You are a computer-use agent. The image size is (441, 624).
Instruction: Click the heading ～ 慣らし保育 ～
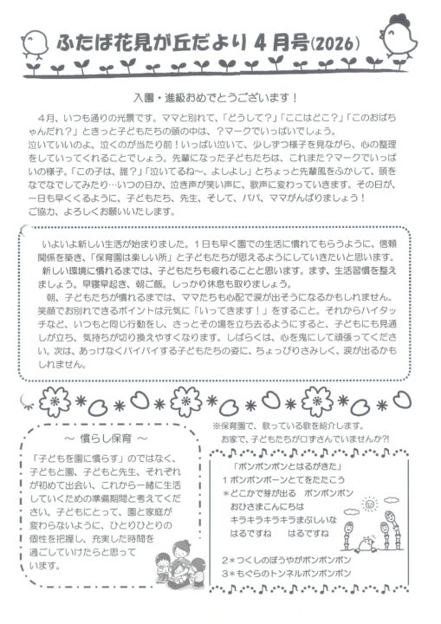(103, 441)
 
